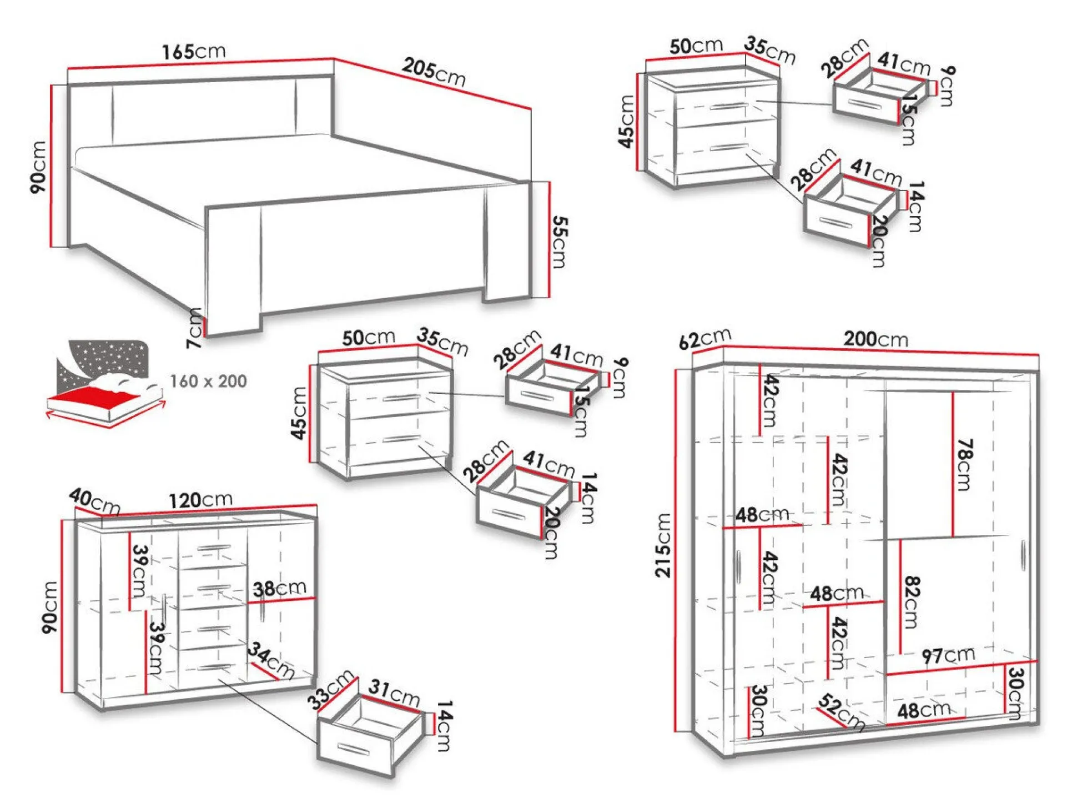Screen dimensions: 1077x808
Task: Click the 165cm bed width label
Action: click(194, 51)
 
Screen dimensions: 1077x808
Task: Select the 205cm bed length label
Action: click(434, 72)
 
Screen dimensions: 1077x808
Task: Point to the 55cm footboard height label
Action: click(559, 242)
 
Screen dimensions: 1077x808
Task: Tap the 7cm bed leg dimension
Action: click(194, 328)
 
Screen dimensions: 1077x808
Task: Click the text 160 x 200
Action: click(208, 381)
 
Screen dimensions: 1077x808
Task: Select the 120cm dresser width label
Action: click(200, 499)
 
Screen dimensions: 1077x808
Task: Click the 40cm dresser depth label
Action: click(94, 501)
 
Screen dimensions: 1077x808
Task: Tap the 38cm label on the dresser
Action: click(279, 588)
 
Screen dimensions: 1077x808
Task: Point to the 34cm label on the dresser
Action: click(271, 660)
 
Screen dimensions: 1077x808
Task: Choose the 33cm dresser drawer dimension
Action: click(331, 689)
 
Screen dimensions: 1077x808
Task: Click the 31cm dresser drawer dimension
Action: click(394, 692)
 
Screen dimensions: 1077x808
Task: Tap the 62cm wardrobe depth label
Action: click(705, 338)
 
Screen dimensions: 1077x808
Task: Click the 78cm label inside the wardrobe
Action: click(964, 465)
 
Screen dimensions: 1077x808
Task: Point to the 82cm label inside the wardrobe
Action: click(912, 602)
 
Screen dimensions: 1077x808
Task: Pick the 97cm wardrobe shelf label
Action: click(948, 655)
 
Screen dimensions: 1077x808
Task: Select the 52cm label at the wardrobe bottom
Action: click(842, 712)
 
